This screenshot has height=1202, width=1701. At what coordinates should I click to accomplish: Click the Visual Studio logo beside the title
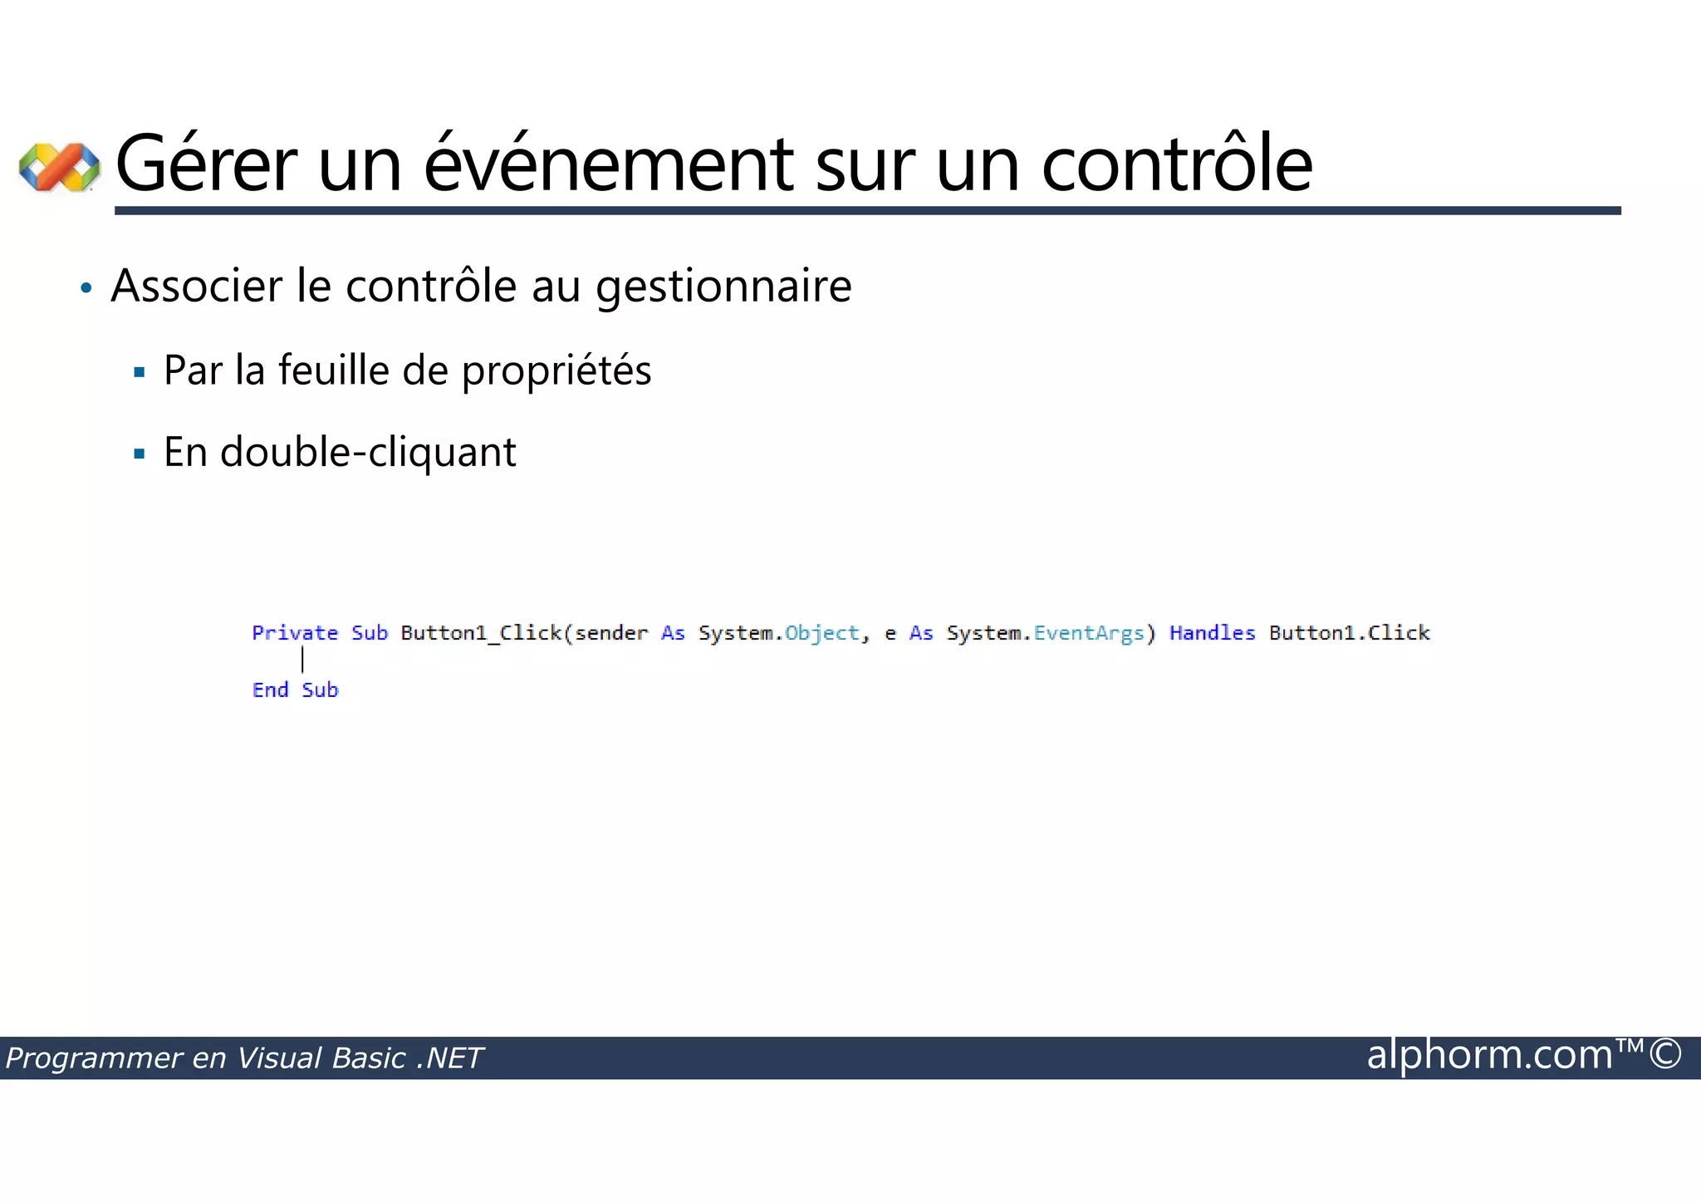point(59,167)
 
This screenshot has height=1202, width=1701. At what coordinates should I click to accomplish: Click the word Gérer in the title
point(206,164)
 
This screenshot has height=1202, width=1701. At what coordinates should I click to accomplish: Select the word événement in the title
point(610,164)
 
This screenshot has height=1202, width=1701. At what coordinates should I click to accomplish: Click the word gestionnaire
point(723,287)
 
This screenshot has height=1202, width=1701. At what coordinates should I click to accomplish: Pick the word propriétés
point(556,370)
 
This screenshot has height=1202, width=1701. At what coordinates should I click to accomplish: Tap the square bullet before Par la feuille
point(140,372)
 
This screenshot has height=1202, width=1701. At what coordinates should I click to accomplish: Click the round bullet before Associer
point(86,289)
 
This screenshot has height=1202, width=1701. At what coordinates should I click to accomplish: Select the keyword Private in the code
point(295,633)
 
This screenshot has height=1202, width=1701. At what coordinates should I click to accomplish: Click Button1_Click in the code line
point(481,633)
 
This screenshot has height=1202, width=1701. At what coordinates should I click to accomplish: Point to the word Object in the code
point(821,633)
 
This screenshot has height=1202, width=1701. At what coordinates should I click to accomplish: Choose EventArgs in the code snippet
point(1088,633)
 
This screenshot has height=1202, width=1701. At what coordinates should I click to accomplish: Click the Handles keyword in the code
point(1212,633)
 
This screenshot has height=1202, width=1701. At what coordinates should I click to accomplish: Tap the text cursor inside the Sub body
point(302,660)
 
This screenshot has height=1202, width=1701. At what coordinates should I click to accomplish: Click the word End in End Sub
point(270,690)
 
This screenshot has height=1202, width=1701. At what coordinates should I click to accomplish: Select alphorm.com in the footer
point(1489,1055)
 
